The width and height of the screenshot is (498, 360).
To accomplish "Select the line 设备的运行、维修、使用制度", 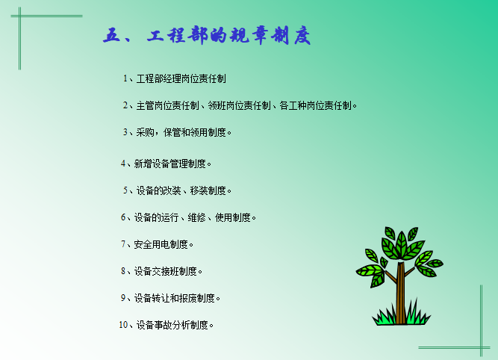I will click(x=189, y=217).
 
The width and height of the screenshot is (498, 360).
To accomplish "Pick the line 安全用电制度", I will click(x=158, y=244).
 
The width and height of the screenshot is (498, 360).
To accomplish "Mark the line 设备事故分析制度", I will click(x=171, y=325).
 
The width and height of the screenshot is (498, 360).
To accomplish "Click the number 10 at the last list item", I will click(x=123, y=325).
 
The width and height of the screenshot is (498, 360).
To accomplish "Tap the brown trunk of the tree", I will click(x=401, y=295).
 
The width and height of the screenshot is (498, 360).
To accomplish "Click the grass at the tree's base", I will click(x=401, y=319).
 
